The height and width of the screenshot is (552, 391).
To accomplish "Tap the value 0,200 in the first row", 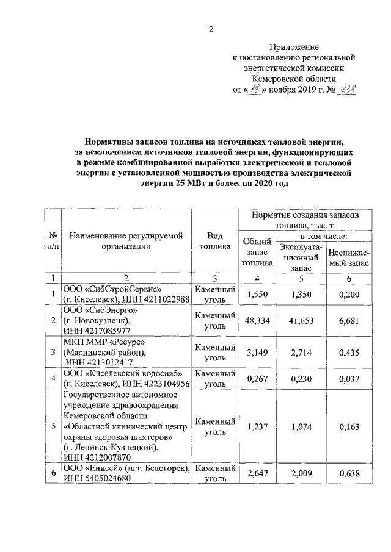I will (348, 295).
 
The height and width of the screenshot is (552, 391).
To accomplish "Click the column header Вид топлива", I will (215, 242).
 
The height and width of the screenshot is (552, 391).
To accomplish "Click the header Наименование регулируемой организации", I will (126, 242).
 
